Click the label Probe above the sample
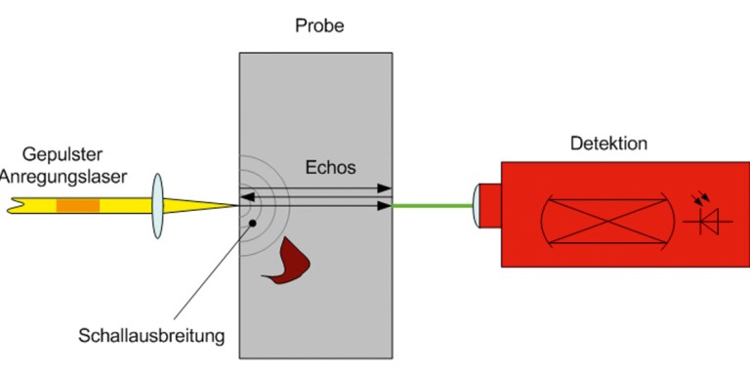tap(319, 25)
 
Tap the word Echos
tap(330, 167)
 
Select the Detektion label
tap(608, 144)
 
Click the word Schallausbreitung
tap(151, 336)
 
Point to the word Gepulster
tap(62, 155)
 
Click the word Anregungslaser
tap(63, 178)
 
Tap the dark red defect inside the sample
tap(286, 261)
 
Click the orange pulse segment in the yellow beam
tap(78, 206)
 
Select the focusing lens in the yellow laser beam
tap(158, 206)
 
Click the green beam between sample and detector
tap(433, 206)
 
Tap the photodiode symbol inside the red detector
tap(707, 217)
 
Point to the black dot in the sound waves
tap(253, 224)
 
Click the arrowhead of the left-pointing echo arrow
tap(246, 197)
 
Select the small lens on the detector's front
tap(475, 206)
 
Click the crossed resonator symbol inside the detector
tap(607, 221)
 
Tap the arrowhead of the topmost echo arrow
tap(385, 188)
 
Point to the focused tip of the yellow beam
tap(237, 206)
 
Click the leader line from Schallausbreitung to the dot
tap(213, 271)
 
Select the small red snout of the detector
tap(490, 206)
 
